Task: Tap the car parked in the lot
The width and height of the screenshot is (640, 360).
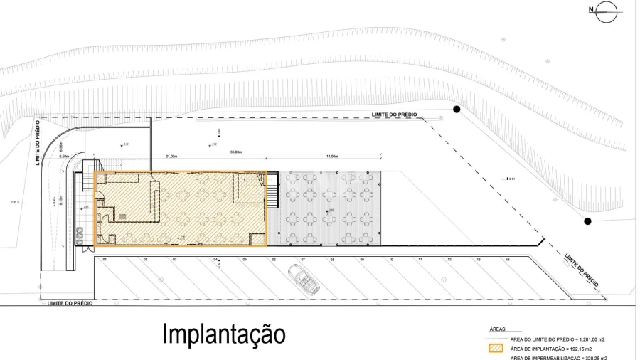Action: [x=304, y=280]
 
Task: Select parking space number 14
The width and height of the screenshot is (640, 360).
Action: [x=508, y=260]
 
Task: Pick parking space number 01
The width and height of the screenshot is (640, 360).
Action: [x=104, y=260]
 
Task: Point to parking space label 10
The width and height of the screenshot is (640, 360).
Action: [x=391, y=260]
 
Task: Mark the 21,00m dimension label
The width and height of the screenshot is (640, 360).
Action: [x=171, y=156]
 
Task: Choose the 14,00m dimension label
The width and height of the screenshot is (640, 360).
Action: [x=331, y=156]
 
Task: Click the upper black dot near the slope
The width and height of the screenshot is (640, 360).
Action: [x=457, y=109]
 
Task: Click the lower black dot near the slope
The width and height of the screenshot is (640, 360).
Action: [x=587, y=221]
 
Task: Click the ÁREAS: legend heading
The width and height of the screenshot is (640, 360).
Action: [x=498, y=330]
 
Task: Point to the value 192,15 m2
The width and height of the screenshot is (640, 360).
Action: [x=591, y=349]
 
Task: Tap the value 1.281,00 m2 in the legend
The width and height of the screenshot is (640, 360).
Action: [x=596, y=339]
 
